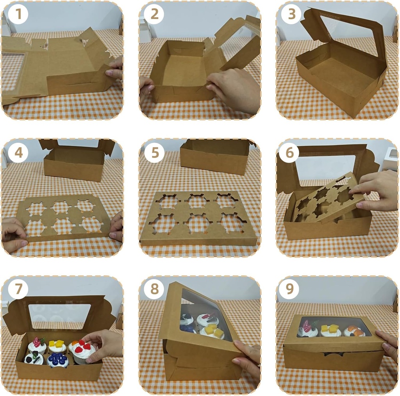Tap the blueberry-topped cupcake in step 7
(x=58, y=360)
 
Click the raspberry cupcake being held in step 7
(x=82, y=350)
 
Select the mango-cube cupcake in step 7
(x=57, y=346)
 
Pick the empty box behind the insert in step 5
(x=215, y=156)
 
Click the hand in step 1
(x=114, y=68)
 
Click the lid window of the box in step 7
(x=59, y=316)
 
